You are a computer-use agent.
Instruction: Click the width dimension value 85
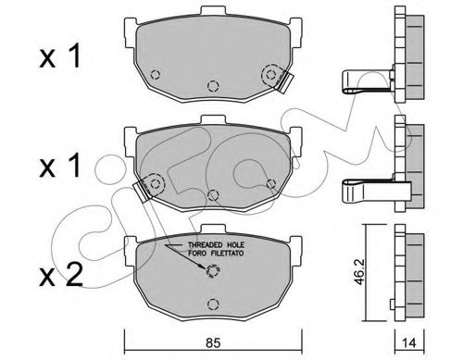213,342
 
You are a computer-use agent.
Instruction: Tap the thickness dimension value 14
409,342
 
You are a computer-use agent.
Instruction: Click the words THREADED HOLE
216,245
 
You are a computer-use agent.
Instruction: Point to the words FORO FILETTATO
216,254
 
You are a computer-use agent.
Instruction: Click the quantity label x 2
61,275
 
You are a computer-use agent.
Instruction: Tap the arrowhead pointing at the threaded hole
201,267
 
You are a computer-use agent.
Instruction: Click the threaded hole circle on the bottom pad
212,271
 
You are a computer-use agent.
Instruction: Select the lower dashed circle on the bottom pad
213,304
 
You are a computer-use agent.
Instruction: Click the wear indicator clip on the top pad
284,82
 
